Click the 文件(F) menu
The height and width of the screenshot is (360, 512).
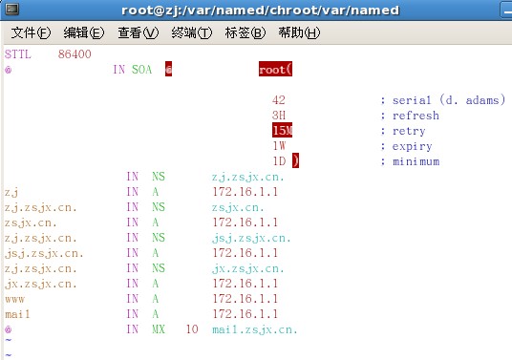pyautogui.click(x=31, y=32)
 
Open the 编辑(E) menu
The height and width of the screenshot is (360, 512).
pyautogui.click(x=84, y=32)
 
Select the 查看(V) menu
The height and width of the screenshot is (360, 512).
pyautogui.click(x=139, y=32)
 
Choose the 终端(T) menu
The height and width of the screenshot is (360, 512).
pyautogui.click(x=192, y=32)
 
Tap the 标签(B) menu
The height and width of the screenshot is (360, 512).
pyautogui.click(x=245, y=32)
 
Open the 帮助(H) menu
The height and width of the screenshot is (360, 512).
pyautogui.click(x=299, y=32)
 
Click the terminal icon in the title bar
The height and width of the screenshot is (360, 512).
pyautogui.click(x=12, y=10)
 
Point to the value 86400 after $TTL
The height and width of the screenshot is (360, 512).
pyautogui.click(x=75, y=54)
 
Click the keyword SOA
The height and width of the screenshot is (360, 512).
pyautogui.click(x=142, y=70)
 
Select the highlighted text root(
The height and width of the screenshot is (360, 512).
pyautogui.click(x=276, y=69)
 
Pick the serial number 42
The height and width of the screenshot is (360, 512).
pyautogui.click(x=279, y=100)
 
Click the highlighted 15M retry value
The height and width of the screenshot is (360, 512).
pyautogui.click(x=282, y=130)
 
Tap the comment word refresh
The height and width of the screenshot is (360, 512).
pyautogui.click(x=416, y=116)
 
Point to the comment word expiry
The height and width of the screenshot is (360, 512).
pyautogui.click(x=412, y=146)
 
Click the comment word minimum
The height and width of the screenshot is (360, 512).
pyautogui.click(x=416, y=161)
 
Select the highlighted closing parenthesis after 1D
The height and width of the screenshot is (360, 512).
pyautogui.click(x=295, y=160)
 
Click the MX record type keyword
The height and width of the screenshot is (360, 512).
pyautogui.click(x=159, y=329)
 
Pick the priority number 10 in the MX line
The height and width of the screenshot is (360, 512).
pyautogui.click(x=192, y=329)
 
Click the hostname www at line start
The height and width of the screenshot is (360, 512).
pyautogui.click(x=14, y=299)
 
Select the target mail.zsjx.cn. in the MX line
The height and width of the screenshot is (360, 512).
pyautogui.click(x=255, y=330)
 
